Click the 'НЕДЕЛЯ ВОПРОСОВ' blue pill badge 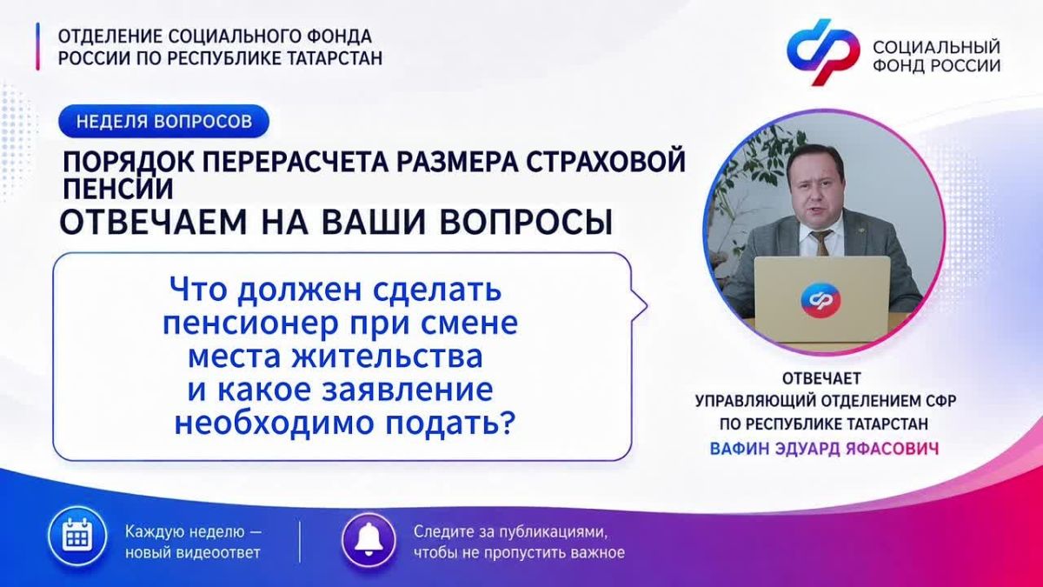pyautogui.click(x=164, y=121)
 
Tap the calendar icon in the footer pyautogui.click(x=77, y=536)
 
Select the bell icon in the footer pyautogui.click(x=369, y=540)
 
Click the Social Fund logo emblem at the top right pyautogui.click(x=823, y=51)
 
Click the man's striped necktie pyautogui.click(x=820, y=243)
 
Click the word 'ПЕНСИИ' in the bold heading pyautogui.click(x=118, y=190)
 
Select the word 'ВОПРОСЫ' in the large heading pyautogui.click(x=526, y=223)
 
